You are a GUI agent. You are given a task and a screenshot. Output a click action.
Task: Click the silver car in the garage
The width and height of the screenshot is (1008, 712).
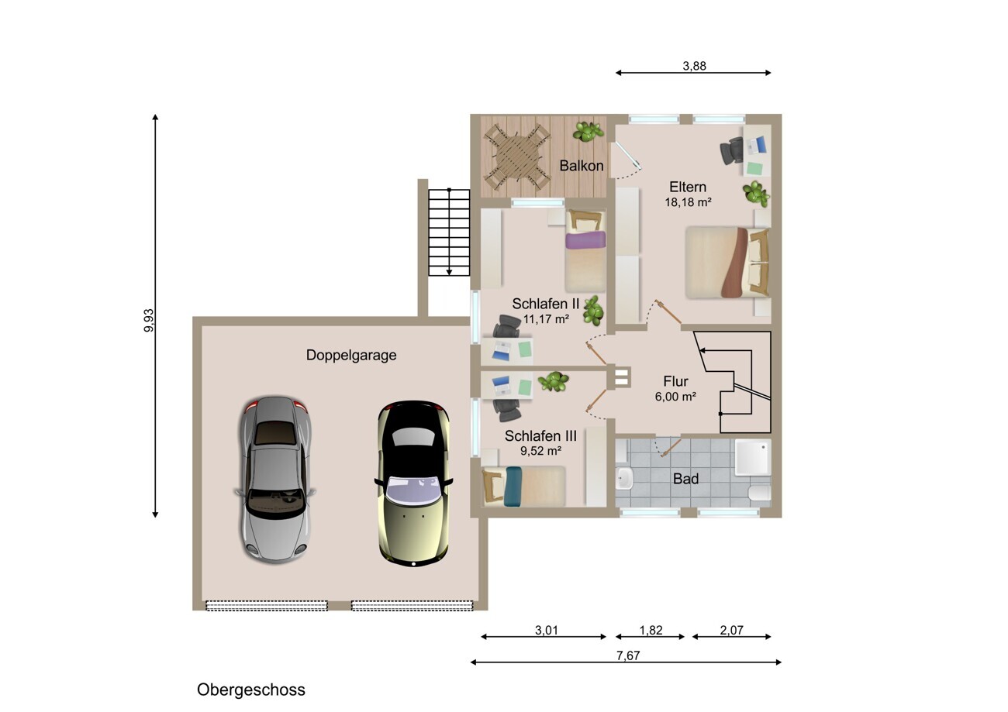point(275,479)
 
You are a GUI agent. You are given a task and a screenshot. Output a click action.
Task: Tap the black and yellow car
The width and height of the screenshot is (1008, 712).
point(413,483)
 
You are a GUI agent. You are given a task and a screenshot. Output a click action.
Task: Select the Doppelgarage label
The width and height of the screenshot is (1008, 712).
point(351,355)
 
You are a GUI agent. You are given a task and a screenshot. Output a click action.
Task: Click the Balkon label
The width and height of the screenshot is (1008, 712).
point(582,166)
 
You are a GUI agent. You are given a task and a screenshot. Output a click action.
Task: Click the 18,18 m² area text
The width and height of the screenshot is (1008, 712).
point(688,202)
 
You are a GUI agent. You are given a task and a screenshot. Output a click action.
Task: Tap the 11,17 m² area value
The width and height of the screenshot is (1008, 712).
point(546,319)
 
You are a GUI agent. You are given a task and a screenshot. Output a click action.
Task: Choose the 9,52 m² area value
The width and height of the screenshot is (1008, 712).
point(540,450)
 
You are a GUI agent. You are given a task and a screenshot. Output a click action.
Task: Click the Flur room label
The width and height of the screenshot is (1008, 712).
point(675,381)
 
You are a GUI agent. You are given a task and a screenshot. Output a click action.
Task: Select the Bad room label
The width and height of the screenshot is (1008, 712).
point(685,479)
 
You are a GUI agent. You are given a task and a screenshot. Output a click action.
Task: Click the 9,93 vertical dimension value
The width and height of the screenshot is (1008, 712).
point(149,321)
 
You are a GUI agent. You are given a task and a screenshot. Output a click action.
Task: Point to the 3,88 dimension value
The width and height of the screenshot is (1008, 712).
point(694,66)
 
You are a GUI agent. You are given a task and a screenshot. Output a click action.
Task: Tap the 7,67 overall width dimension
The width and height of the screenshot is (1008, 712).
point(628,655)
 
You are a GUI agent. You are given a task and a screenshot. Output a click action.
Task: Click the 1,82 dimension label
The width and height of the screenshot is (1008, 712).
point(651,630)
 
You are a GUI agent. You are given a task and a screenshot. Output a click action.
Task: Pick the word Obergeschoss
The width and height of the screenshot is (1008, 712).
point(251,690)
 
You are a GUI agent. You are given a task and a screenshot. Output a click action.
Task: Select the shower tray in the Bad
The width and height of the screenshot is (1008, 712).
point(753,456)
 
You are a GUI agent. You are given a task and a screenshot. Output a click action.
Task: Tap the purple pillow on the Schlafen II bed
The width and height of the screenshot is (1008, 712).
point(585,240)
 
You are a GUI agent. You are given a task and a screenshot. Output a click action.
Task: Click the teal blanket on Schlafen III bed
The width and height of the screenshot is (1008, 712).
point(513,487)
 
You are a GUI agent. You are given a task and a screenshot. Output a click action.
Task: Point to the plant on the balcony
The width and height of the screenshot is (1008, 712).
point(588,132)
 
